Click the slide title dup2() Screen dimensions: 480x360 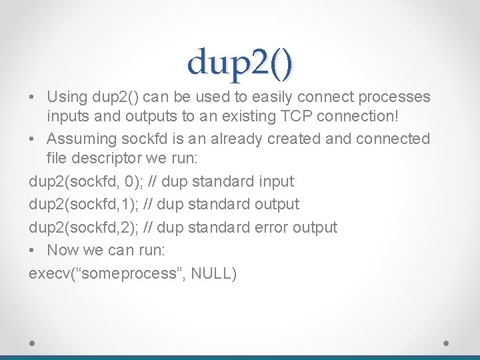pos(240,62)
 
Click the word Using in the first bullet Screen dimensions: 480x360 pos(67,97)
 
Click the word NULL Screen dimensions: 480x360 pos(211,273)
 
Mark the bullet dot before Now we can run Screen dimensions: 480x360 pos(33,250)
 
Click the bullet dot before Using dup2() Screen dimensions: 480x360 pos(33,97)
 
